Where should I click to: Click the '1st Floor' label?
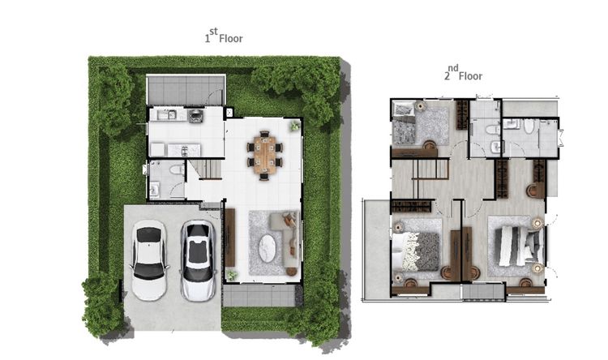click(x=224, y=36)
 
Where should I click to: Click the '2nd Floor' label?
click(x=464, y=73)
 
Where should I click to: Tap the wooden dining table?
click(x=264, y=155)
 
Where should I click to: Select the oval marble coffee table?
click(x=268, y=248)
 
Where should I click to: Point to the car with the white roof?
click(x=149, y=260)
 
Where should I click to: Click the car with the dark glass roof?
click(x=198, y=261)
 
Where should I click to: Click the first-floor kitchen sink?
click(x=167, y=114)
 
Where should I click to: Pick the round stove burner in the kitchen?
click(x=195, y=115)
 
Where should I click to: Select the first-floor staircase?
click(x=206, y=169)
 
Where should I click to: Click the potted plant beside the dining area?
click(x=295, y=126)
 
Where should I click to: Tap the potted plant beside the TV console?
click(x=232, y=276)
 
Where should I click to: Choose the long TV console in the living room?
click(x=230, y=238)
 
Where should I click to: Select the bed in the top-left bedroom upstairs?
click(x=404, y=124)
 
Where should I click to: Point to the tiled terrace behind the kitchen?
click(x=186, y=90)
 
